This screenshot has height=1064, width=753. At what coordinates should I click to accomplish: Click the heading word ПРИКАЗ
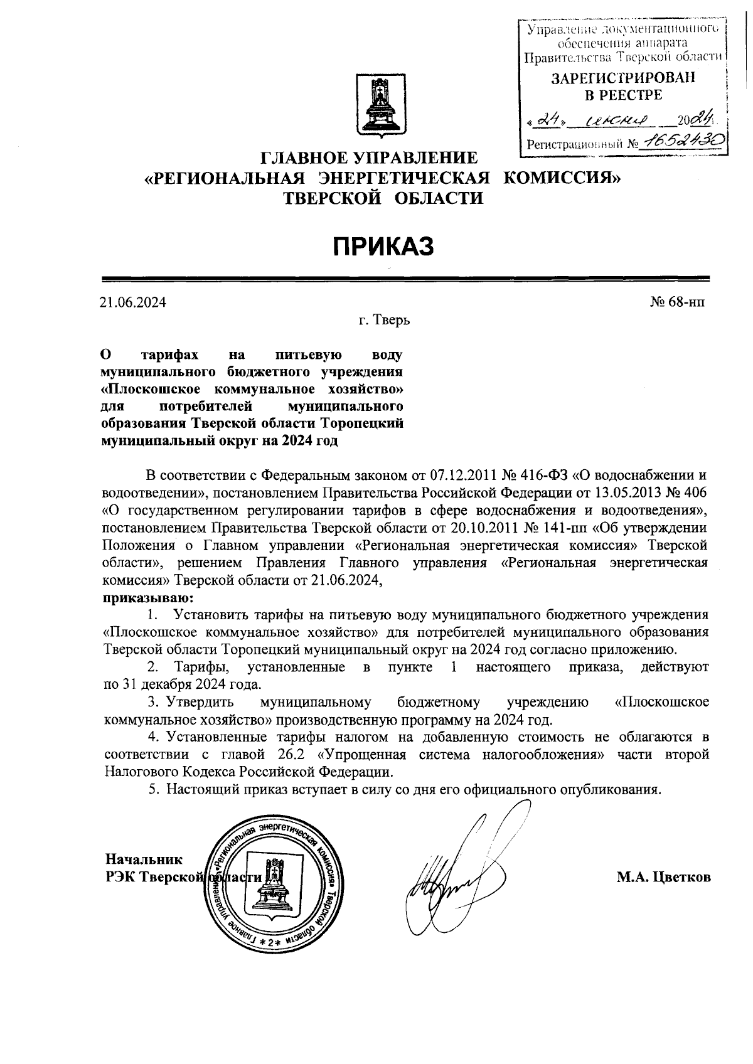click(x=383, y=247)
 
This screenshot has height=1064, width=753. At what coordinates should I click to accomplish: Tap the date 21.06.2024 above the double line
click(x=133, y=303)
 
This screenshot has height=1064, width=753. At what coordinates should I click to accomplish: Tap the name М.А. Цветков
click(x=664, y=877)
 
